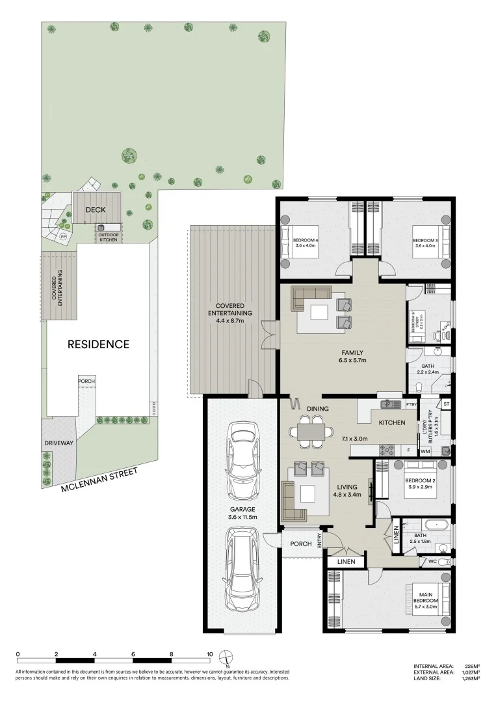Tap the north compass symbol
point(226,657)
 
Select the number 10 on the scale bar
point(210,654)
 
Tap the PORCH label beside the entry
point(300,544)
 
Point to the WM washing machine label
point(426,451)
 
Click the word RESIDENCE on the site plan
point(99,344)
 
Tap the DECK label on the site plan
point(96,210)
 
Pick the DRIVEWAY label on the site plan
point(58,442)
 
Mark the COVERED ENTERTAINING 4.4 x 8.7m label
point(226,314)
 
